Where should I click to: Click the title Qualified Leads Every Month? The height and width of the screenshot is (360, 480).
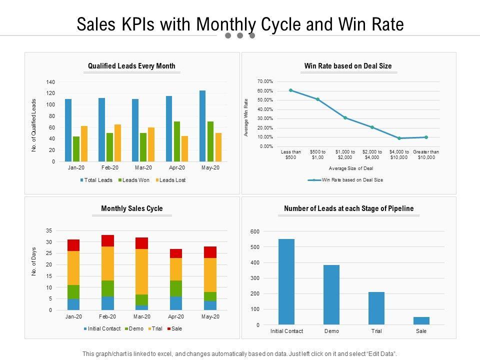pos(131,66)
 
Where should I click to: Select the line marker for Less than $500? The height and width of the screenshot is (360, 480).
pos(290,90)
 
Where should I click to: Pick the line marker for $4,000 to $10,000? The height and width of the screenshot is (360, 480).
pos(399,138)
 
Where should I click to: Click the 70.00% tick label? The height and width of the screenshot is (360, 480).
pos(265,81)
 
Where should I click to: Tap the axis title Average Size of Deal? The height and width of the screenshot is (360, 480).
pos(351,168)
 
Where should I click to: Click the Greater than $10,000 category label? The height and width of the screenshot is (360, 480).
pos(426,154)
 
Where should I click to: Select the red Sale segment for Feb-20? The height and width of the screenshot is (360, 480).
pos(107,240)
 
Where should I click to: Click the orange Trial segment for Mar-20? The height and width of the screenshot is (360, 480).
pos(142,271)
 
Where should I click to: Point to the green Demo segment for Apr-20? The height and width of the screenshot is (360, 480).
pos(176,288)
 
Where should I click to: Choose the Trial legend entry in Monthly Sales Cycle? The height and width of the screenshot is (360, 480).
pos(156,329)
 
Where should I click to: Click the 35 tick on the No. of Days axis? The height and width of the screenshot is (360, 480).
pos(49,231)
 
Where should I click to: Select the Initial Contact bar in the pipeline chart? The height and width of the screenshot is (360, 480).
pos(286,281)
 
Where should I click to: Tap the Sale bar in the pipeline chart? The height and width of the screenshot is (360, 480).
pos(421,320)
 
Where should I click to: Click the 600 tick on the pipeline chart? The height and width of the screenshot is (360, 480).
pos(255,231)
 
